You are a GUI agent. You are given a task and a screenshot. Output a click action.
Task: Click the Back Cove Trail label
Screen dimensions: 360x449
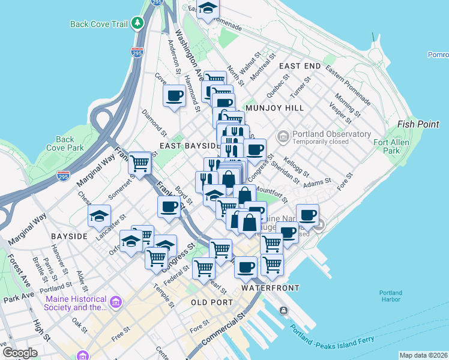[99, 24]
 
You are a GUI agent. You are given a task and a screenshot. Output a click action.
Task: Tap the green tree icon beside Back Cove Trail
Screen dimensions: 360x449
[138, 23]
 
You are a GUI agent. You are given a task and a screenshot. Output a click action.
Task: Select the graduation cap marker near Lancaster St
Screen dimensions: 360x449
[99, 216]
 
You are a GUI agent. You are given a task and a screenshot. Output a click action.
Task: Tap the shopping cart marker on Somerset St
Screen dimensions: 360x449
[140, 162]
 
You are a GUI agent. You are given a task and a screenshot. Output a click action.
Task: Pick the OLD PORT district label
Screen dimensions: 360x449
[211, 302]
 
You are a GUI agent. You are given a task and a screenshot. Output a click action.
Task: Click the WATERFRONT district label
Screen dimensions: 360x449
[266, 288]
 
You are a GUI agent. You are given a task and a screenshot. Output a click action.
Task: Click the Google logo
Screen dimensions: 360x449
[20, 352]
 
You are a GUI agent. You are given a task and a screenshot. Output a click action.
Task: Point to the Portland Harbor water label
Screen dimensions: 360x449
[391, 296]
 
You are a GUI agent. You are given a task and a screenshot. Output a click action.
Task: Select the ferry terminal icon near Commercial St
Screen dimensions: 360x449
[283, 310]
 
